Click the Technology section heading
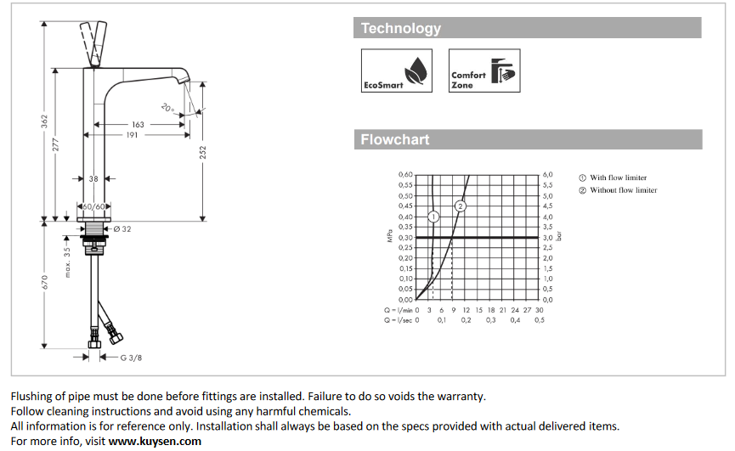tap(401, 29)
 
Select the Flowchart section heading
tap(395, 140)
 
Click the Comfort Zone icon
tap(483, 70)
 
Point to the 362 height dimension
tap(44, 121)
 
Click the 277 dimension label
tap(57, 144)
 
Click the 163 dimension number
tap(138, 125)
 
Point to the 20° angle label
tap(167, 108)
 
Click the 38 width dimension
tap(93, 179)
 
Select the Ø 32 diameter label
tap(122, 229)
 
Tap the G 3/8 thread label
tap(130, 358)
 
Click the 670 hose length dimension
tap(44, 285)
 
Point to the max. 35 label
tap(67, 262)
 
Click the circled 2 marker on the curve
tap(461, 206)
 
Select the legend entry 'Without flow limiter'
tap(623, 190)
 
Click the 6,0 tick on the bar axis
tap(548, 174)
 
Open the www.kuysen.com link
tap(155, 441)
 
